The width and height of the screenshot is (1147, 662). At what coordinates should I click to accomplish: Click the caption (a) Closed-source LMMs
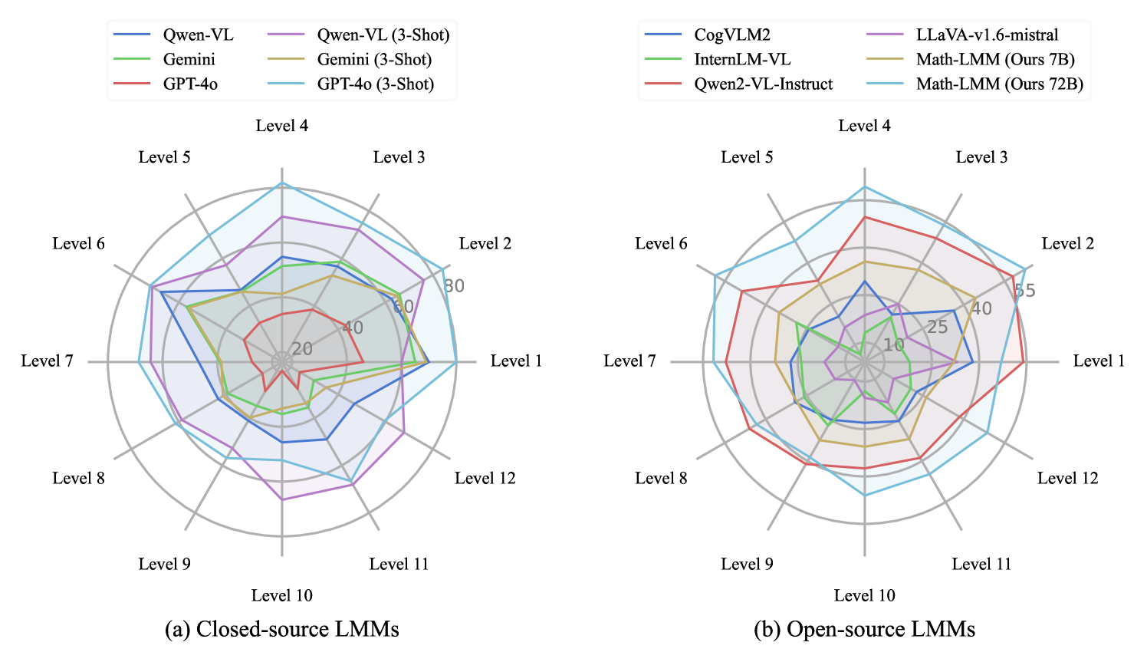tap(282, 630)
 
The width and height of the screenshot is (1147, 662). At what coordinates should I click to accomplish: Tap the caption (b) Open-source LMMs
tap(865, 630)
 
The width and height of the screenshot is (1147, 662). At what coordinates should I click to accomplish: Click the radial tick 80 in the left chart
tap(454, 286)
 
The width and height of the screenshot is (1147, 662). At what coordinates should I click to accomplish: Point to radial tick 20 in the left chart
tap(302, 349)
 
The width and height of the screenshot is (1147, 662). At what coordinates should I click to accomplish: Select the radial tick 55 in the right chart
tap(1024, 290)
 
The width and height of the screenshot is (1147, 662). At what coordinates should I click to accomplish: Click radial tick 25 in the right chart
tap(937, 328)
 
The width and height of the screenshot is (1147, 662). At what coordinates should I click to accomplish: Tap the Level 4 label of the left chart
tap(282, 126)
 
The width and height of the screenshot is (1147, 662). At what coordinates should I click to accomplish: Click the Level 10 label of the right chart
tap(865, 596)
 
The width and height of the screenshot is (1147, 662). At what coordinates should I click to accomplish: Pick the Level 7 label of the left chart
tap(48, 361)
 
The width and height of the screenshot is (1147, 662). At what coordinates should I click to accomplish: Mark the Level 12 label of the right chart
tap(1067, 479)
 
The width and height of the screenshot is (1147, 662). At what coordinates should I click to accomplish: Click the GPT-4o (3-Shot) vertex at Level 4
tap(282, 183)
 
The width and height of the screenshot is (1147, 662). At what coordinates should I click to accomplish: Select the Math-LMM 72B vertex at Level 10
tap(865, 496)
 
